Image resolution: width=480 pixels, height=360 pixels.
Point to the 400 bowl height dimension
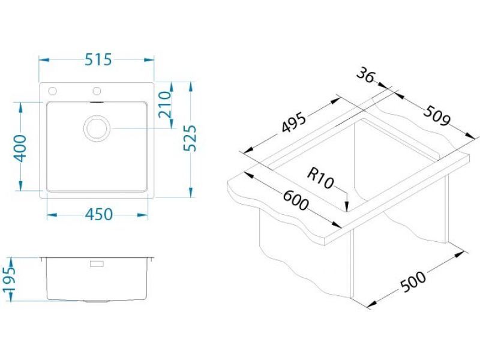[20, 148]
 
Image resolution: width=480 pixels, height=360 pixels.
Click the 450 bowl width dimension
[98, 214]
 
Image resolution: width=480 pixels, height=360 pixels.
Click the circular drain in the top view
[96, 128]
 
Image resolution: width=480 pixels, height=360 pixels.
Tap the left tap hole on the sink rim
[52, 91]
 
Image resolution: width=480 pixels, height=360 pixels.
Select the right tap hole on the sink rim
[96, 91]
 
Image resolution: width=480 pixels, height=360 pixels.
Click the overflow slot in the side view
[96, 263]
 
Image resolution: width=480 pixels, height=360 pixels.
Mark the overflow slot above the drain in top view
[96, 104]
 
